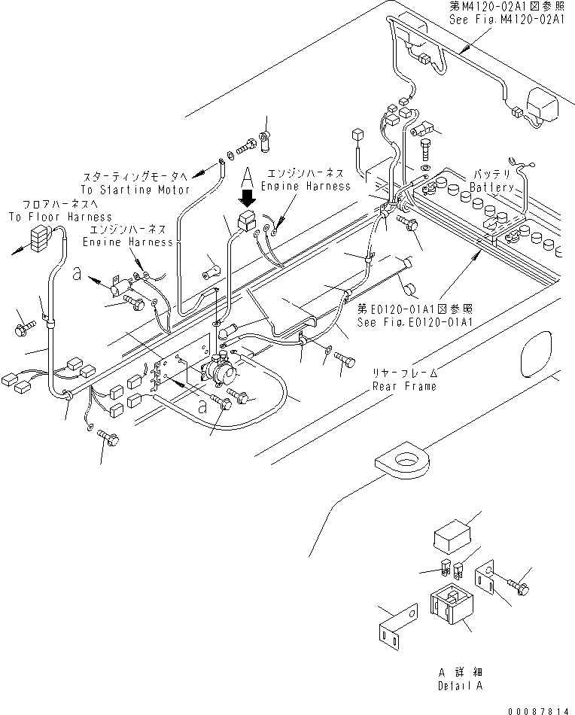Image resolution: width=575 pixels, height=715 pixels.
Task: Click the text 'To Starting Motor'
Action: coord(135,189)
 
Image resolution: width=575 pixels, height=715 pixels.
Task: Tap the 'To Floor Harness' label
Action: coord(60,217)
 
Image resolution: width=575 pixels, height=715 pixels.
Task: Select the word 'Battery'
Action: coord(491,187)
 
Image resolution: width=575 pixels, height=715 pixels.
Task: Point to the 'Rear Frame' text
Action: coord(404,386)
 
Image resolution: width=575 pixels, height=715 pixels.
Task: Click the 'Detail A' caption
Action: coord(460,686)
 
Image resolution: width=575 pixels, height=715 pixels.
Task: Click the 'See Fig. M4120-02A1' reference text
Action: coord(507,19)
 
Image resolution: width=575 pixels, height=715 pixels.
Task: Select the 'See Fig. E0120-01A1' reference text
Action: coord(415,322)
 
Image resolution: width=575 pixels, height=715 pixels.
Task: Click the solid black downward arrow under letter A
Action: coord(248,198)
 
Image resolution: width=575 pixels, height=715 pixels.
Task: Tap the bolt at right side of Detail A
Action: coord(519,586)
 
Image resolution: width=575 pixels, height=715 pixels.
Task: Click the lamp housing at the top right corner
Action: coord(543,105)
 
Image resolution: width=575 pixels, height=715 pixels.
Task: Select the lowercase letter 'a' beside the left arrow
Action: coord(77,274)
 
